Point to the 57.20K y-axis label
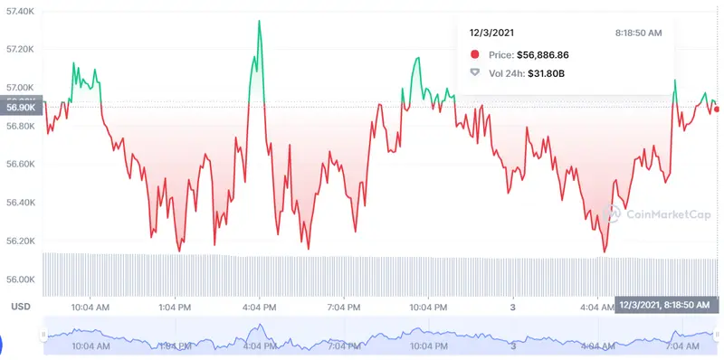click(x=19, y=49)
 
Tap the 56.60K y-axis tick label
click(x=19, y=165)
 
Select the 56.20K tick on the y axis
click(x=19, y=242)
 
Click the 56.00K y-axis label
click(x=19, y=279)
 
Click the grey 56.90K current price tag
click(x=20, y=107)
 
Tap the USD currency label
click(x=20, y=307)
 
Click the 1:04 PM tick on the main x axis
click(x=175, y=307)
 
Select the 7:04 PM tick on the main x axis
click(x=344, y=307)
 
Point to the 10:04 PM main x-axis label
click(x=429, y=307)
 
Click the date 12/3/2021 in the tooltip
click(x=493, y=33)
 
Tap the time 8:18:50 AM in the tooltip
click(x=638, y=33)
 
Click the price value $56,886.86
click(x=556, y=54)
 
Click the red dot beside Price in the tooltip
click(x=475, y=54)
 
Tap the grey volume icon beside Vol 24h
click(x=475, y=72)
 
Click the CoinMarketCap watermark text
click(x=655, y=214)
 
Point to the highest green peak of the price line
click(x=260, y=21)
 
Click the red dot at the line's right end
click(x=717, y=109)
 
